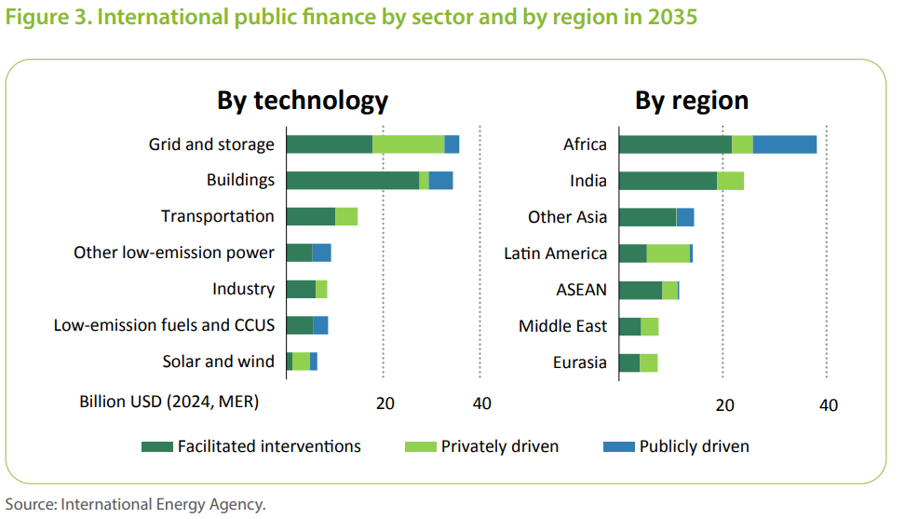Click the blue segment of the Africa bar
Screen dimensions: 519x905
784,144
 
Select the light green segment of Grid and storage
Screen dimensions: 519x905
408,144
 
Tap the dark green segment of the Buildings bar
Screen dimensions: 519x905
352,181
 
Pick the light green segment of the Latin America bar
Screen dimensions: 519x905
668,253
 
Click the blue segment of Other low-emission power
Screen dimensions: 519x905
321,253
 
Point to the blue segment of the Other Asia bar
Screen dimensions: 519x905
684,217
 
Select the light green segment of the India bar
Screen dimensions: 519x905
730,181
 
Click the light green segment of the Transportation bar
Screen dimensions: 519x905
346,216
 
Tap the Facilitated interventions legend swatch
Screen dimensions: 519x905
156,446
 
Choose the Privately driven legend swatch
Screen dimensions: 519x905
421,446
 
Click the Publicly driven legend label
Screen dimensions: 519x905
694,446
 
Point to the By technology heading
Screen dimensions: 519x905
303,101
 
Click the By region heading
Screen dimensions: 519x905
692,101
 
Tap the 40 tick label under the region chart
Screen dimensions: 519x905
828,404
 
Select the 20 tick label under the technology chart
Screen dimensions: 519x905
385,403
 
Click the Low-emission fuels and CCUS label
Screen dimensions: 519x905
164,325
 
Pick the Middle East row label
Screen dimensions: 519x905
562,326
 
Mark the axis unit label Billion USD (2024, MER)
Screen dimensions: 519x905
169,403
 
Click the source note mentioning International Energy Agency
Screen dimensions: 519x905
136,504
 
